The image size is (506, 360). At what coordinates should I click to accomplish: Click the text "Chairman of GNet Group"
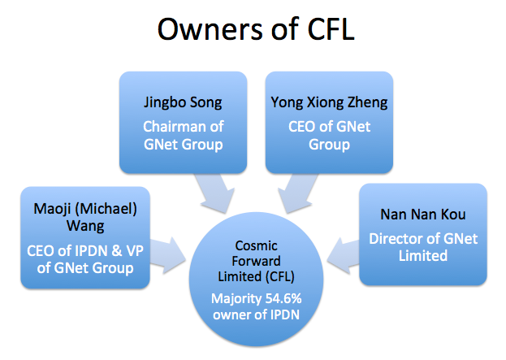pos(184,136)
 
